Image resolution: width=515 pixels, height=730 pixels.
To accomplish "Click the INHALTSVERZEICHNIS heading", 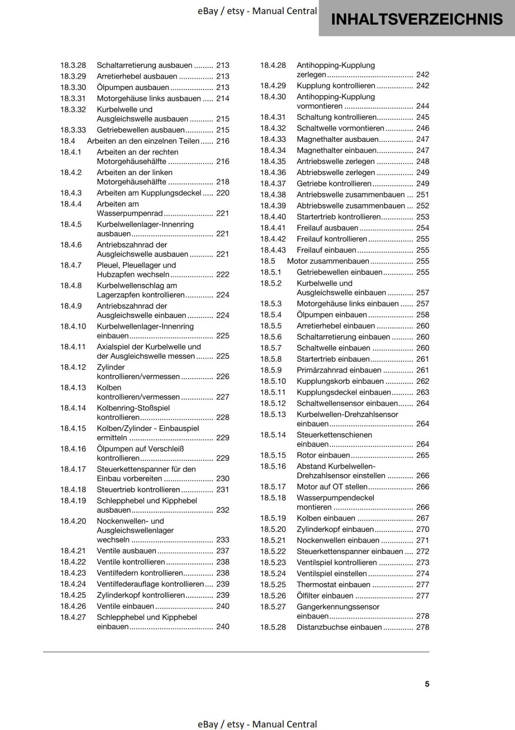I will (x=417, y=19).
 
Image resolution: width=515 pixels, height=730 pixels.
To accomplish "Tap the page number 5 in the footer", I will (x=427, y=684).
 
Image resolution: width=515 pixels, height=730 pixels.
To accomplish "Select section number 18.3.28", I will (x=73, y=65).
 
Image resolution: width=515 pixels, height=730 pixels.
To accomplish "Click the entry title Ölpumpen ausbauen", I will (x=133, y=88).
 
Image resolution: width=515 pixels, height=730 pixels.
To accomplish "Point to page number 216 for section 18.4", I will (x=223, y=141).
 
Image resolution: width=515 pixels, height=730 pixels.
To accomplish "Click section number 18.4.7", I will (x=71, y=265).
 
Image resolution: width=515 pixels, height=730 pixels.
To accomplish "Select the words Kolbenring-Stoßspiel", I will (x=133, y=408).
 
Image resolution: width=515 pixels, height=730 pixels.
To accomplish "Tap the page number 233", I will (x=223, y=540).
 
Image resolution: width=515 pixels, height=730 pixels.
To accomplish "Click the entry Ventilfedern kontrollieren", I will (x=139, y=573).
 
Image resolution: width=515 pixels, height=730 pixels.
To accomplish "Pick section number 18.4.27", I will (x=73, y=617).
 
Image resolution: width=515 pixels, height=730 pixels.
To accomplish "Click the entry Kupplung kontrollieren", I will (x=336, y=86).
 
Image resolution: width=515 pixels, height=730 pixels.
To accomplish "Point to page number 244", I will (x=422, y=106).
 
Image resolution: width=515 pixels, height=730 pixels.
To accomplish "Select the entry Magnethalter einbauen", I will (x=336, y=151).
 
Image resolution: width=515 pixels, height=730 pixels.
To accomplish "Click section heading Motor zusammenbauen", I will (x=328, y=261).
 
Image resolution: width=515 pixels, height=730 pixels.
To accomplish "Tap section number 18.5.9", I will (x=271, y=370).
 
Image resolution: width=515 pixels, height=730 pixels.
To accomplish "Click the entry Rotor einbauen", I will (x=323, y=455).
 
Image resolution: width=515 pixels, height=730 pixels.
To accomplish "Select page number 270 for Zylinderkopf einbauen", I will (x=422, y=529).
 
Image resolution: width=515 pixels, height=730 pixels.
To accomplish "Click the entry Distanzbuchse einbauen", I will (x=339, y=627).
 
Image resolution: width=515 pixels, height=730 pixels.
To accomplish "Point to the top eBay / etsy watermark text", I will (x=257, y=11).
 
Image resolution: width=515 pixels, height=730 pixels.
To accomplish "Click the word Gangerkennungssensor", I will (x=338, y=607).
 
